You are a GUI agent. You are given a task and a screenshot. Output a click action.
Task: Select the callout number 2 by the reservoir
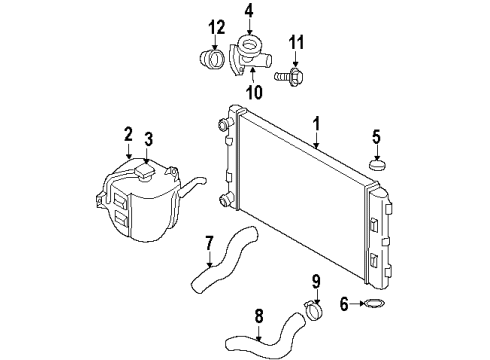(x=128, y=133)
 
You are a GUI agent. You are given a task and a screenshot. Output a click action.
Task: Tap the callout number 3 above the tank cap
(x=147, y=139)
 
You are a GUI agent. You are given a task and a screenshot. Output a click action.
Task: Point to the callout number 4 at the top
(x=248, y=12)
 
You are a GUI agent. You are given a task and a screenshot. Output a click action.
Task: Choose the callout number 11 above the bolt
(x=294, y=42)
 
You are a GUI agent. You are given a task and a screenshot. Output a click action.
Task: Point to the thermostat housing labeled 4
(x=250, y=50)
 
